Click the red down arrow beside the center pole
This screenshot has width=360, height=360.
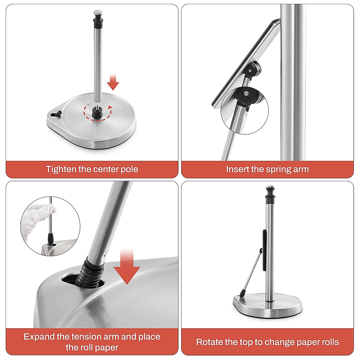pyautogui.click(x=113, y=82)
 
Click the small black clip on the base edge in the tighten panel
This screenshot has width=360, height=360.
pyautogui.click(x=56, y=114)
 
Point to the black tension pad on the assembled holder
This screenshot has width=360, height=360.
pyautogui.click(x=264, y=250)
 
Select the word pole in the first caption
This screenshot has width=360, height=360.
pyautogui.click(x=129, y=169)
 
